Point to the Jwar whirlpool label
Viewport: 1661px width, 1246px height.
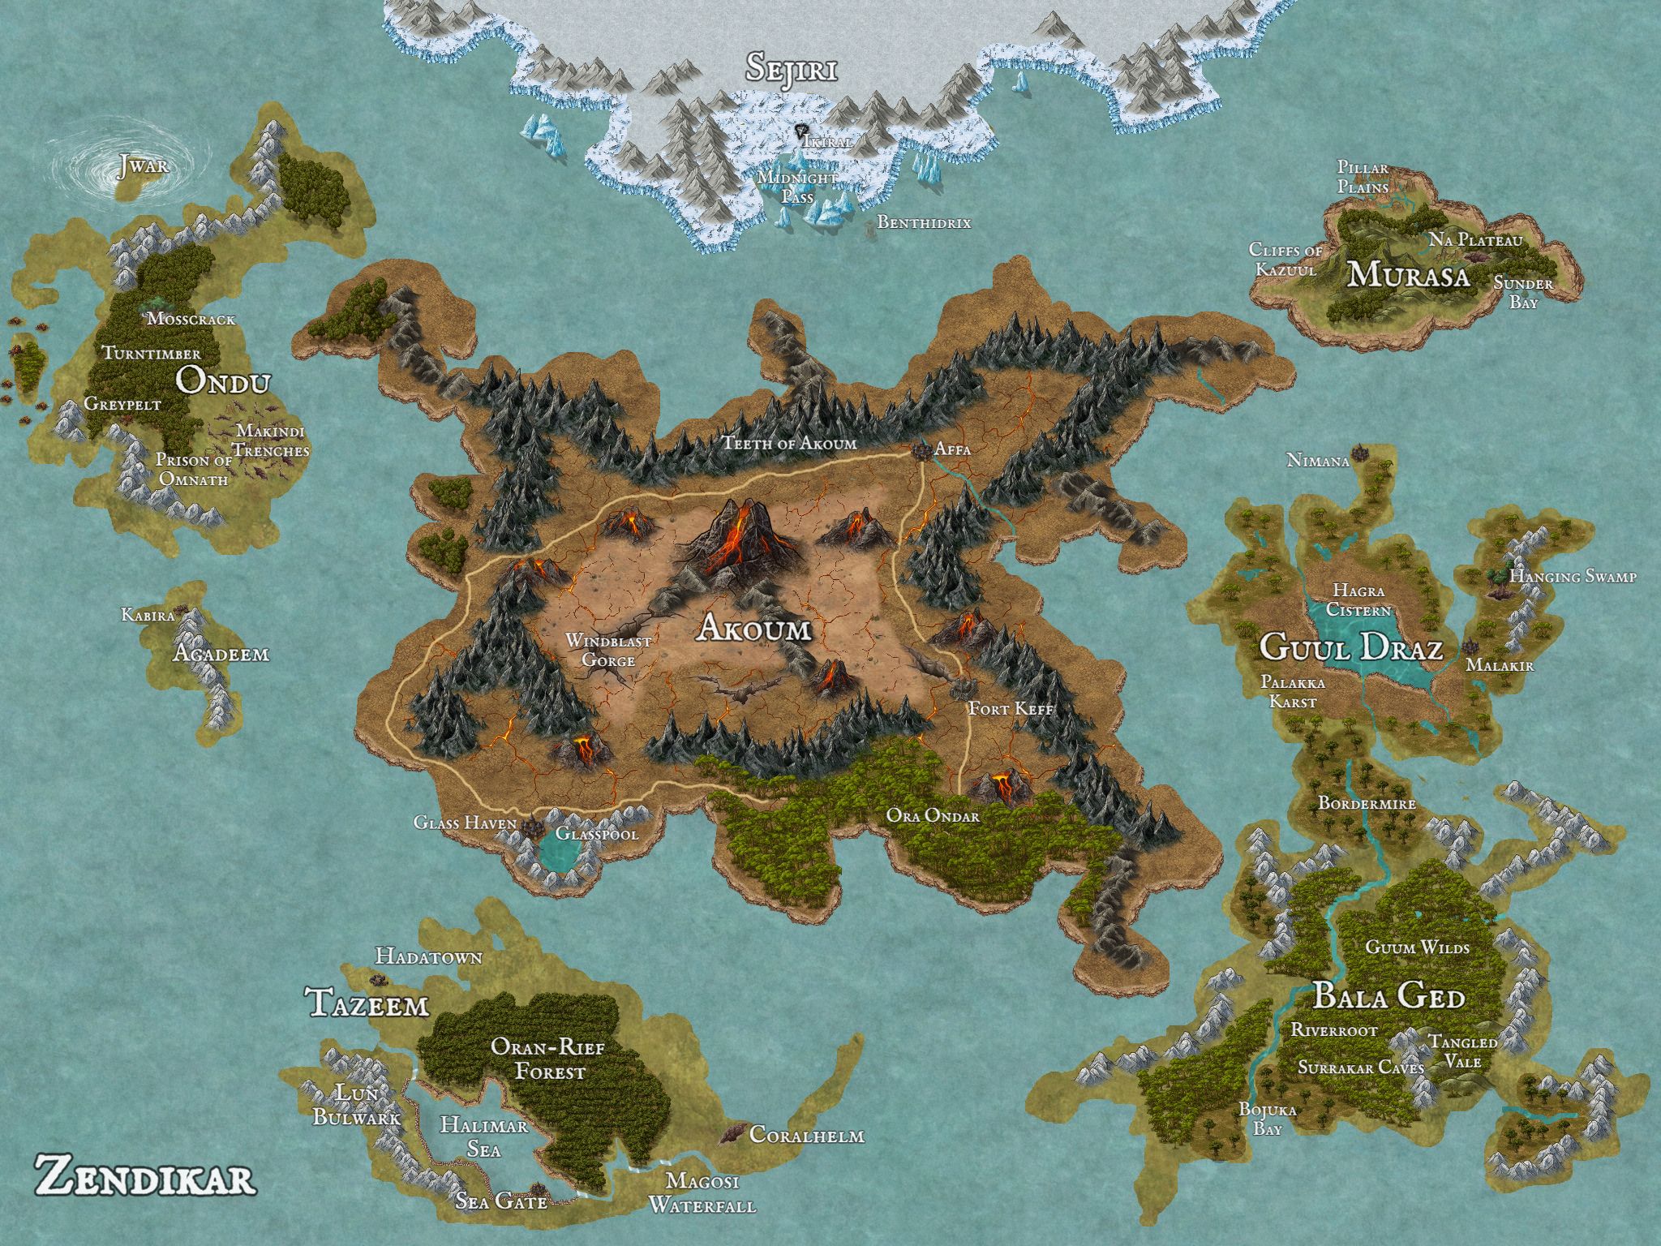click(x=143, y=166)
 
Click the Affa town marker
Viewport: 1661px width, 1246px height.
click(x=921, y=451)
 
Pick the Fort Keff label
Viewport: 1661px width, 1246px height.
click(x=1011, y=709)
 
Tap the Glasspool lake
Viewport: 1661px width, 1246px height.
click(x=558, y=852)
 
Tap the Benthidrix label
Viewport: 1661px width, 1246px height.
click(x=923, y=222)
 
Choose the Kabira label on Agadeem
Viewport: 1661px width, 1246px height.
click(x=148, y=615)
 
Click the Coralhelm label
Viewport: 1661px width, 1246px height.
click(x=806, y=1135)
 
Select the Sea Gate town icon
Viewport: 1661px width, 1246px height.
click(x=537, y=1192)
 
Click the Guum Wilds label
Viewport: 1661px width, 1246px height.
click(x=1418, y=947)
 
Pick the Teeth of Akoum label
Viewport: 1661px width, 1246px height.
click(x=790, y=443)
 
